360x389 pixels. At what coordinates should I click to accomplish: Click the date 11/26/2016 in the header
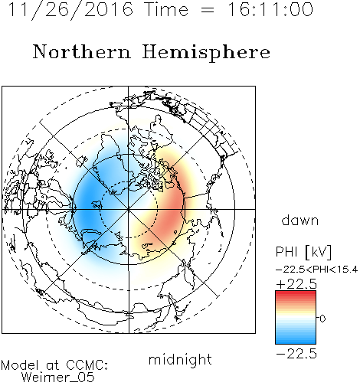click(70, 10)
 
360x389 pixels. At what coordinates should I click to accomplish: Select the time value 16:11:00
click(270, 10)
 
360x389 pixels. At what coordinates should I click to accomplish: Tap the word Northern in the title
click(82, 51)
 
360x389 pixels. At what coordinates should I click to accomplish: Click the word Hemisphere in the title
click(206, 53)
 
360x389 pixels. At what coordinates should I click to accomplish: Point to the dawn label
click(300, 221)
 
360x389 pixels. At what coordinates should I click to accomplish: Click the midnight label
click(180, 360)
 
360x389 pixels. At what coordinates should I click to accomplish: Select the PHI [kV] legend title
click(303, 252)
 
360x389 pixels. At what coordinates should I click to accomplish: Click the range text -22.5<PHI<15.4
click(317, 270)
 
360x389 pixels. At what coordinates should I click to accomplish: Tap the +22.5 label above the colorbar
click(296, 284)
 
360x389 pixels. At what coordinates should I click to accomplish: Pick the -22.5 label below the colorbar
click(296, 354)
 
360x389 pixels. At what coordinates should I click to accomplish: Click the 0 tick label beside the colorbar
click(322, 319)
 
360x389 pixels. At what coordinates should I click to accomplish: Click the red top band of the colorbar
click(296, 294)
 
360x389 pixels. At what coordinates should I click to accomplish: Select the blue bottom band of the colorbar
click(296, 340)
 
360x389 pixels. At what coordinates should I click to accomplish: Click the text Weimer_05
click(58, 378)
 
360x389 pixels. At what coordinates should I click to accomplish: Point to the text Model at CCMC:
click(54, 365)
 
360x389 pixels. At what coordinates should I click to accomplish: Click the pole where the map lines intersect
click(128, 209)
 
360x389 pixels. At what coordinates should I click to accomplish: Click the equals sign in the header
click(208, 10)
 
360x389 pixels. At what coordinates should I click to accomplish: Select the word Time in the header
click(166, 10)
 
